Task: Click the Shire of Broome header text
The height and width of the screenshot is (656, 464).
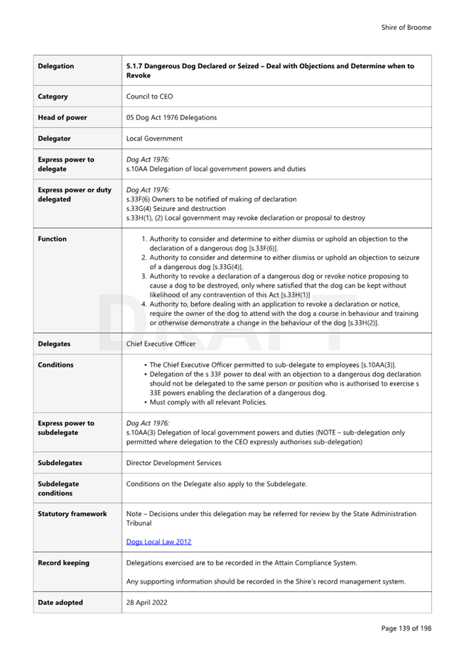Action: click(x=406, y=28)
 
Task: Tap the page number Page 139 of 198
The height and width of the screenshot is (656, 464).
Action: click(x=406, y=628)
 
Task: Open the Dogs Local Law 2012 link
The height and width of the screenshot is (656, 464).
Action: click(x=158, y=542)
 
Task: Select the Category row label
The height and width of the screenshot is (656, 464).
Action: click(x=53, y=97)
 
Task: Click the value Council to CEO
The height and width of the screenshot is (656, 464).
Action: click(x=149, y=97)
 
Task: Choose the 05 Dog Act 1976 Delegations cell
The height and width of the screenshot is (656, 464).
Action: click(x=171, y=117)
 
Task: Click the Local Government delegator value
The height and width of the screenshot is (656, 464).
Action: click(x=153, y=138)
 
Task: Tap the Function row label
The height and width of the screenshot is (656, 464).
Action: click(x=52, y=239)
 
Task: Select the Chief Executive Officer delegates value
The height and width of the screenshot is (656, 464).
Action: click(x=161, y=344)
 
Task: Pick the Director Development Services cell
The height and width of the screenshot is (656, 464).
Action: click(x=173, y=463)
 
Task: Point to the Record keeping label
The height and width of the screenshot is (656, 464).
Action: click(x=63, y=563)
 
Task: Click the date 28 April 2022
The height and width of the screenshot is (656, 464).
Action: click(x=146, y=602)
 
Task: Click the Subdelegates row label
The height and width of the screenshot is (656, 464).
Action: click(x=60, y=463)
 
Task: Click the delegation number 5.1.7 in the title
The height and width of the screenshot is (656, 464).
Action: click(x=135, y=66)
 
